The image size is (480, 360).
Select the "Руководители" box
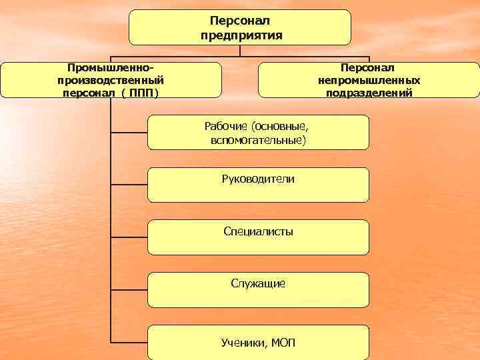click(x=258, y=185)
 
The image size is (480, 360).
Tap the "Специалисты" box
click(x=258, y=237)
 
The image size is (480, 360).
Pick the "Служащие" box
click(x=258, y=289)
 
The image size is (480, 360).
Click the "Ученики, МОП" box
click(x=258, y=342)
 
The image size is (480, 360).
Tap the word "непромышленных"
click(x=369, y=80)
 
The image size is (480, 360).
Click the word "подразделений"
click(x=369, y=93)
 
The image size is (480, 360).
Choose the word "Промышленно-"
click(x=111, y=67)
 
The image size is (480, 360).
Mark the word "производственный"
click(x=111, y=80)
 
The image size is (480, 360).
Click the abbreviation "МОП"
click(x=283, y=343)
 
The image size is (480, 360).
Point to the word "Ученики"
click(x=244, y=343)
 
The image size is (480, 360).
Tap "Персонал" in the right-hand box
click(x=369, y=67)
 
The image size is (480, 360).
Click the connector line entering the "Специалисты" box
click(x=129, y=237)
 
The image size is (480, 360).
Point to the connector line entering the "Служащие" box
click(x=129, y=289)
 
